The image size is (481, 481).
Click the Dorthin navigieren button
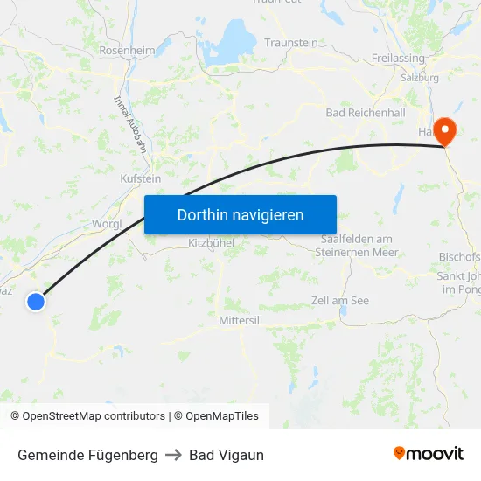pyautogui.click(x=240, y=214)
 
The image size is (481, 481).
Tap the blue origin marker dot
pyautogui.click(x=36, y=301)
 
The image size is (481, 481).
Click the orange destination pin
pyautogui.click(x=445, y=131)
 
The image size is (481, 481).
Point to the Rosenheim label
pyautogui.click(x=128, y=50)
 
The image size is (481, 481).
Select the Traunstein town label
pyautogui.click(x=291, y=42)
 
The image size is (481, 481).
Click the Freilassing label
pyautogui.click(x=398, y=59)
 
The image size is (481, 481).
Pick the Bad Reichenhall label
pyautogui.click(x=365, y=114)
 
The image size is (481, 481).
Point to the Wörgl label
pyautogui.click(x=107, y=223)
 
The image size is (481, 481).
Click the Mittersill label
pyautogui.click(x=240, y=321)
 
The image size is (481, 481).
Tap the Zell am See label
pyautogui.click(x=340, y=301)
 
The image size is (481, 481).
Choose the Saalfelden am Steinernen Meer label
pyautogui.click(x=359, y=246)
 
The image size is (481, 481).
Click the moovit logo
pyautogui.click(x=429, y=454)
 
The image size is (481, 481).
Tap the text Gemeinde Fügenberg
pyautogui.click(x=87, y=455)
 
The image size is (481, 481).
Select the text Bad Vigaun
pyautogui.click(x=227, y=455)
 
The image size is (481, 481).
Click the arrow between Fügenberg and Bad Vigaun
pyautogui.click(x=173, y=455)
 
